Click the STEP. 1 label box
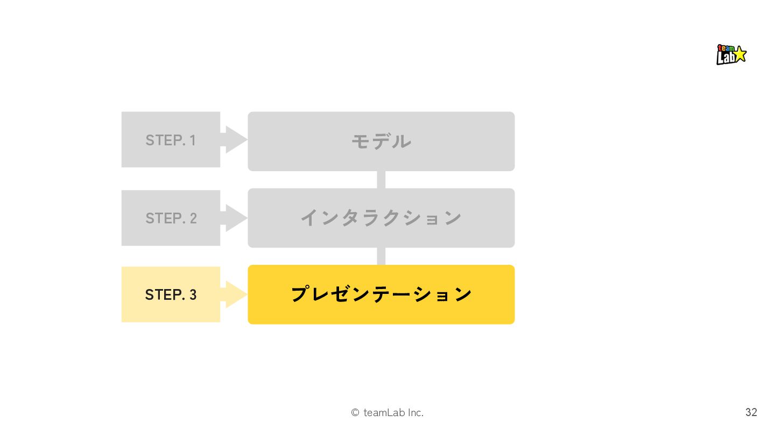point(171,139)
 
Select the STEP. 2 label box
point(171,218)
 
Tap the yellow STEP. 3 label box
point(171,294)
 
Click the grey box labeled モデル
point(381,142)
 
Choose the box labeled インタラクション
point(381,218)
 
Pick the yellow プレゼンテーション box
point(381,294)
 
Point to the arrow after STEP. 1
point(235,139)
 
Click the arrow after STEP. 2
point(235,218)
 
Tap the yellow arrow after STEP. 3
point(235,294)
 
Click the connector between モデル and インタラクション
point(381,180)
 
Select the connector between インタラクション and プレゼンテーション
point(381,256)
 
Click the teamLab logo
point(731,54)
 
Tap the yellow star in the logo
point(739,53)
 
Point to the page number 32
point(751,412)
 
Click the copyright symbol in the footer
point(355,413)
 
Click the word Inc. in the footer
point(415,413)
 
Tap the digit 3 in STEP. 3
point(193,295)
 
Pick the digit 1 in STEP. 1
point(192,140)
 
